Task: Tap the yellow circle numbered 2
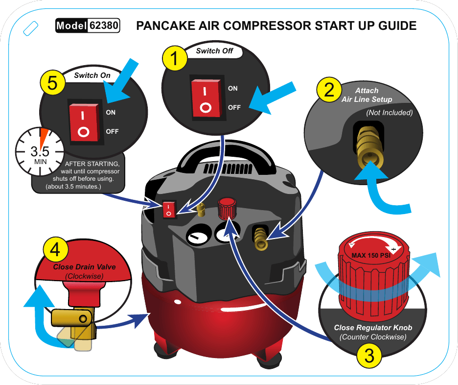[329, 90]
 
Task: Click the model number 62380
[104, 25]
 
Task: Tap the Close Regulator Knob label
[373, 327]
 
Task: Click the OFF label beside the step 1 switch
[234, 107]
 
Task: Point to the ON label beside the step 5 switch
[111, 112]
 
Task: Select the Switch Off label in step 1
[214, 51]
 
